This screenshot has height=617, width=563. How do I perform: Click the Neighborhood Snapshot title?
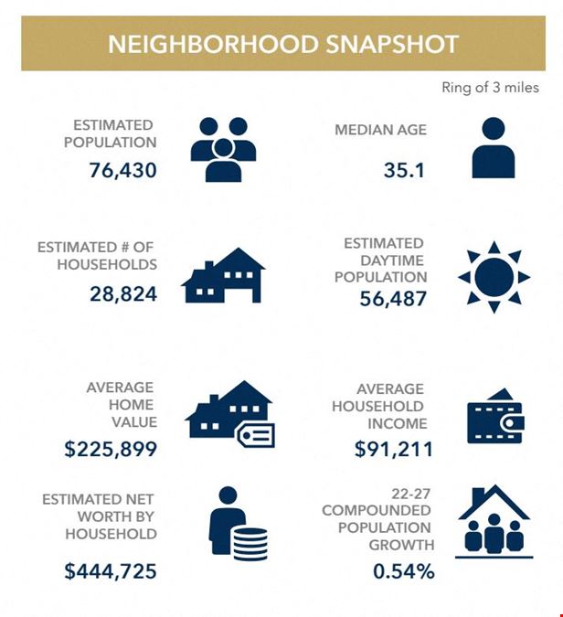point(282,44)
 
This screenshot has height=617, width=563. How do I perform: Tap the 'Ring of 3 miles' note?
point(490,88)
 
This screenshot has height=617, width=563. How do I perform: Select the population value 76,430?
point(123,169)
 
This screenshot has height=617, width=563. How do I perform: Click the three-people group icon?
point(223,149)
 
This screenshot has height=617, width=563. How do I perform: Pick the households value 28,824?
point(123,293)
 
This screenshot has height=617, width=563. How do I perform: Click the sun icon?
point(494,275)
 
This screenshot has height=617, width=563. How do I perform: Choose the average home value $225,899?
point(111,449)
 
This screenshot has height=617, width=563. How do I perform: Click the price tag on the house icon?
point(255,435)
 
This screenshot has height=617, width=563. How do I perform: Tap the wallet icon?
point(494,418)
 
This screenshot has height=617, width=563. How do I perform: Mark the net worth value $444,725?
point(111,571)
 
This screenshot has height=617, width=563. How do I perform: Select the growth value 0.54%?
point(403,571)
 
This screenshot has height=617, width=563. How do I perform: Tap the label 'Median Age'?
point(380,130)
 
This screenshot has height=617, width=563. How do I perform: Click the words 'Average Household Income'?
point(390,406)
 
